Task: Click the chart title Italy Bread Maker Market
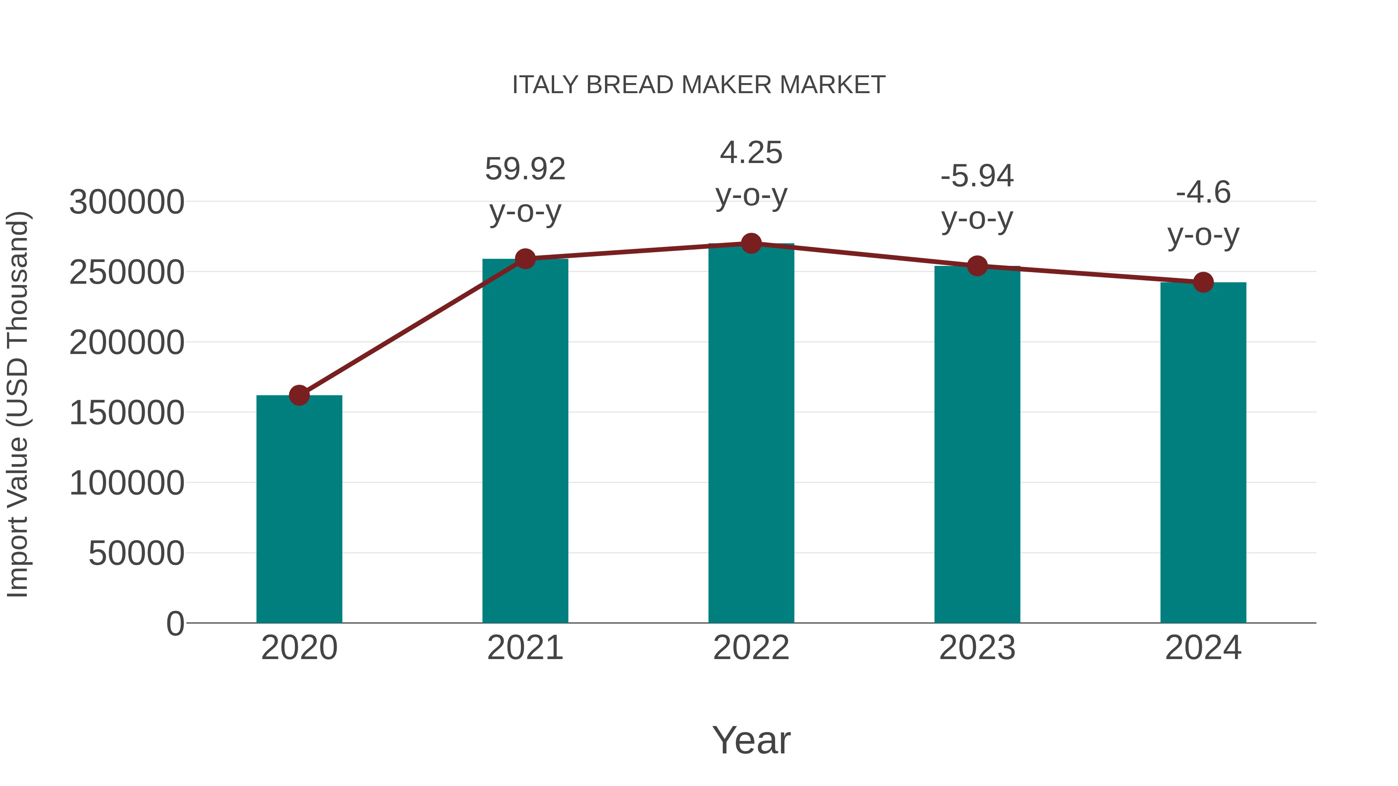click(x=699, y=85)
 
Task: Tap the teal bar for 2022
click(x=751, y=434)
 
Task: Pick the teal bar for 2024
click(x=1203, y=453)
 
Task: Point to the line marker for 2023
click(x=977, y=266)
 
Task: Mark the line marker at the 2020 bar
click(x=299, y=396)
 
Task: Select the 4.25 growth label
click(x=751, y=153)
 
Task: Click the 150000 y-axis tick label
click(x=127, y=413)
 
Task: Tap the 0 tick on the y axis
click(x=175, y=623)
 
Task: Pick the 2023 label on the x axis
click(x=977, y=648)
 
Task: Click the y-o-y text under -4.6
click(x=1203, y=236)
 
